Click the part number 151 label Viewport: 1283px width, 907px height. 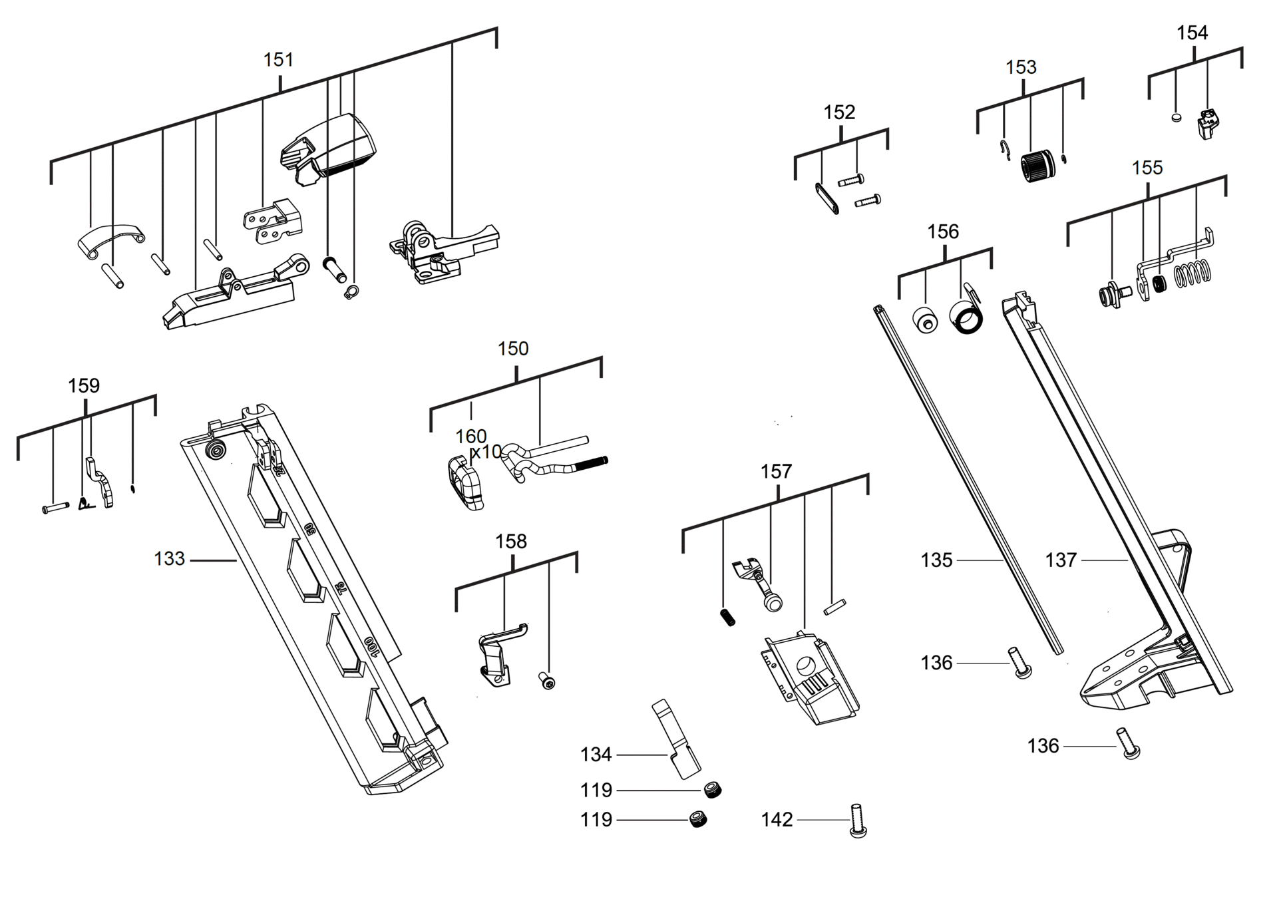[278, 60]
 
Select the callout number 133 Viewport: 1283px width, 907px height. [169, 559]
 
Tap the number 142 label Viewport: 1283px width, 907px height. [777, 820]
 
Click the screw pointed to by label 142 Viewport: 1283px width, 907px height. [858, 821]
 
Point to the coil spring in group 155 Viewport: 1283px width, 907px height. [1193, 273]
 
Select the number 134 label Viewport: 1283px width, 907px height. [596, 755]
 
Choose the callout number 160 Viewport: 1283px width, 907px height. [470, 437]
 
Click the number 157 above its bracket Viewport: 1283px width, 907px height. [776, 472]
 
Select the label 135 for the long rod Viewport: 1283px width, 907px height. [936, 560]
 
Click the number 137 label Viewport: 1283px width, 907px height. [1061, 560]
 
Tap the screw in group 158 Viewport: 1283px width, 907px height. [547, 681]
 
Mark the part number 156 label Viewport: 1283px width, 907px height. [943, 232]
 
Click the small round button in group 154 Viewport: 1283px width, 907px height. [1176, 118]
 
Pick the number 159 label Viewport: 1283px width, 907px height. [84, 386]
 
